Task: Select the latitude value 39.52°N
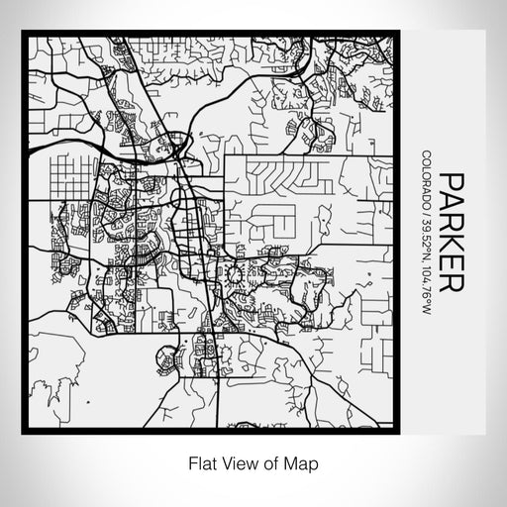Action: click(425, 240)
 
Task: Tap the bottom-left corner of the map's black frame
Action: click(24, 429)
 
